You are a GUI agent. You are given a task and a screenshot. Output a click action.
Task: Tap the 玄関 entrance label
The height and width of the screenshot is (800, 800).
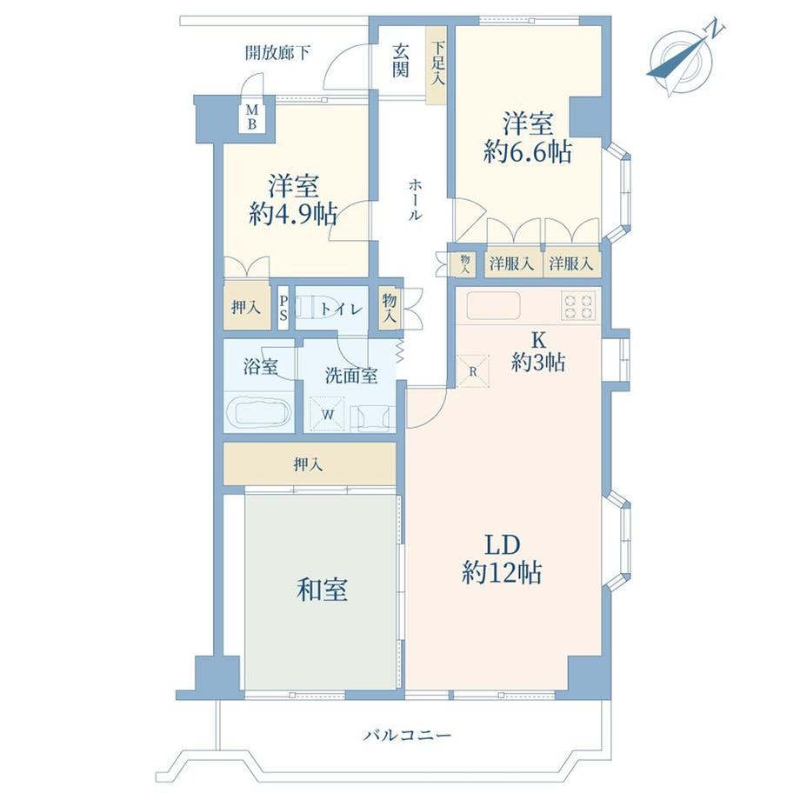click(x=401, y=60)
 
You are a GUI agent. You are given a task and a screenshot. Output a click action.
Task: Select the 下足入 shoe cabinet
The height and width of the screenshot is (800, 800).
click(x=437, y=65)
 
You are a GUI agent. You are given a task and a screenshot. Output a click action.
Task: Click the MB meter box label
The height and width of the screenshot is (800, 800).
click(x=252, y=117)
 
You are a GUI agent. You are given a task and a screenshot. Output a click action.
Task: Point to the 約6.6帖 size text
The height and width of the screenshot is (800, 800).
click(x=527, y=152)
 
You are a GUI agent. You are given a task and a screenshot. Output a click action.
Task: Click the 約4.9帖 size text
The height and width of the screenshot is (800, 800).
click(x=293, y=214)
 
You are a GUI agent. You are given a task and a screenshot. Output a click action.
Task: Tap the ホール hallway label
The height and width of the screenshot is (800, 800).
click(x=415, y=199)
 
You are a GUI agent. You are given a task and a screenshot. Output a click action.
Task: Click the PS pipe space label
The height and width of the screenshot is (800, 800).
click(x=283, y=309)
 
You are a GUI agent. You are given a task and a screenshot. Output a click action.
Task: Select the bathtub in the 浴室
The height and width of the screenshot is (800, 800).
click(x=258, y=411)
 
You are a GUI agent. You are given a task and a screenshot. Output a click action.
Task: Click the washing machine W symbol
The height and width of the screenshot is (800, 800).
click(x=328, y=414)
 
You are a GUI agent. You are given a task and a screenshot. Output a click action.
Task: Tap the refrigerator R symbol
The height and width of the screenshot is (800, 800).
click(x=472, y=371)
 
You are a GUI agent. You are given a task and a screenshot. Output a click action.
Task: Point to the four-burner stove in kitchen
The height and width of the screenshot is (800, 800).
click(x=578, y=305)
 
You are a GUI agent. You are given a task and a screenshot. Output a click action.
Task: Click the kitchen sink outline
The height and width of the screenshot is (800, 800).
click(x=493, y=306)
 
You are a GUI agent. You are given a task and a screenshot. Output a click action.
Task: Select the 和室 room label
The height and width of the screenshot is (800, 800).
click(x=322, y=590)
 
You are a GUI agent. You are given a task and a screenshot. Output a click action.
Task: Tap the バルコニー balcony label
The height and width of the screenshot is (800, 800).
click(x=408, y=735)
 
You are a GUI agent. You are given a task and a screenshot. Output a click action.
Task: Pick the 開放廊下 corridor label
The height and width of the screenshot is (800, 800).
click(x=277, y=52)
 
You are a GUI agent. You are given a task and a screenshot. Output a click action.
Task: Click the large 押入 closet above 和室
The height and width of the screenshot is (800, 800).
click(x=310, y=463)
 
